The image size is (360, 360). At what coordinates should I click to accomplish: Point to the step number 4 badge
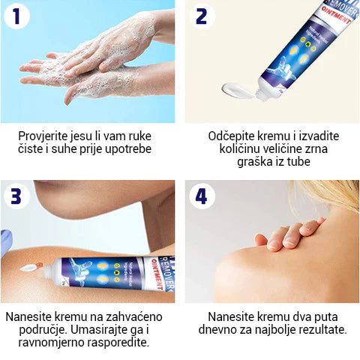point(200,197)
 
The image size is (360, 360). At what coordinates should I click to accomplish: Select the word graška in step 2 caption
point(227,163)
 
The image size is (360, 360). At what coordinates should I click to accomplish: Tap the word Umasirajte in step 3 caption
point(101,329)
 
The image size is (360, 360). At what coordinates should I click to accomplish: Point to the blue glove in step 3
point(5,242)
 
